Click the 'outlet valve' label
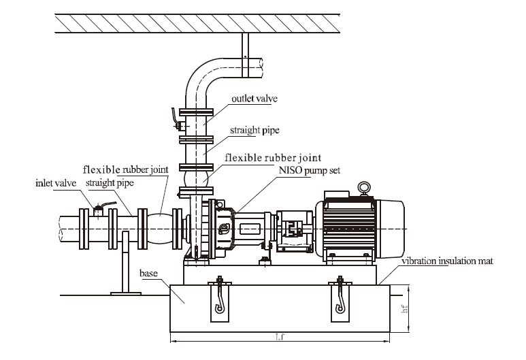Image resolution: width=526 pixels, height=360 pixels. coord(254,99)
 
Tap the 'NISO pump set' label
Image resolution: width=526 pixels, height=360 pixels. coord(310,170)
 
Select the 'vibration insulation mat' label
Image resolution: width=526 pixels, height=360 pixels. coord(448,261)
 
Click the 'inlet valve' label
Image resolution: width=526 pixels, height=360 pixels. coord(56,183)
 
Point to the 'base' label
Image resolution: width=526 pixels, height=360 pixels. coord(148,273)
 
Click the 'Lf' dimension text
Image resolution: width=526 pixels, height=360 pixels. coord(280,336)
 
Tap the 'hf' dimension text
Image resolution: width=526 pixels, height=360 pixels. coord(405,308)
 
